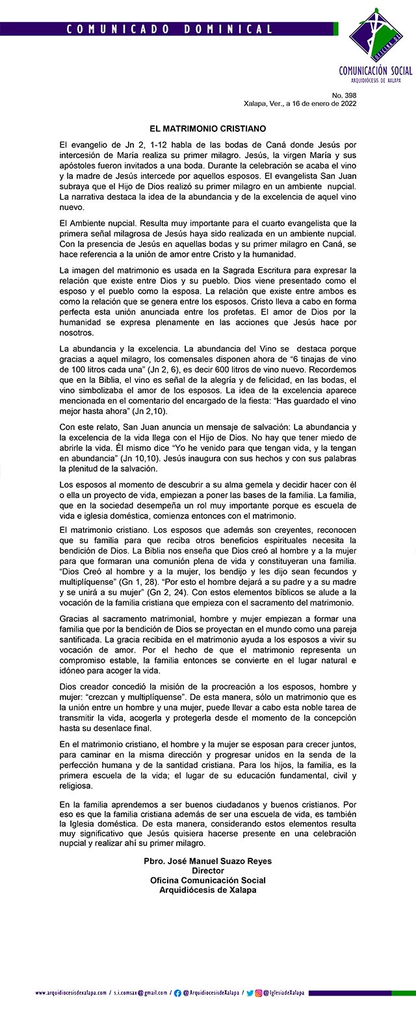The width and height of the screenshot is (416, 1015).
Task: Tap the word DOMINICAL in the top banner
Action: point(227,29)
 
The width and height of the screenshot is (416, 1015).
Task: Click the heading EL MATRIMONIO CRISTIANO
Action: point(207,129)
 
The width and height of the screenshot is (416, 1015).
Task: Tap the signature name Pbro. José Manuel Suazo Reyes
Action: point(207,861)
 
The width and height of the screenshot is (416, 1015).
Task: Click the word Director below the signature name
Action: point(207,871)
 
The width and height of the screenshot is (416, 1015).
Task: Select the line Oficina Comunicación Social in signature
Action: point(207,880)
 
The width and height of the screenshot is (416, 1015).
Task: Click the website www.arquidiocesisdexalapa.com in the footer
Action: point(71,993)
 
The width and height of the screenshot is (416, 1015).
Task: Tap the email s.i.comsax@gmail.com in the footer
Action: point(140,993)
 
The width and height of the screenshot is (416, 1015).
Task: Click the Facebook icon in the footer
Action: point(177,993)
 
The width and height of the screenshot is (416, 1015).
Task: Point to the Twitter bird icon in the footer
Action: point(250,993)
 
